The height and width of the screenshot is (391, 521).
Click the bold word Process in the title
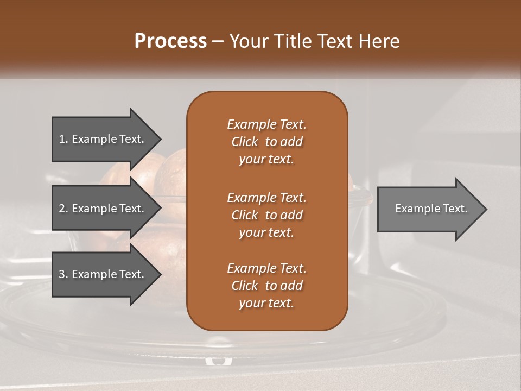170,41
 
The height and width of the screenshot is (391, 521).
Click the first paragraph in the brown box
266,142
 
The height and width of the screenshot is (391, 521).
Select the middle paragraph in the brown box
266,215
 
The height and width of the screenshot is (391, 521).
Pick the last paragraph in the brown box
266,286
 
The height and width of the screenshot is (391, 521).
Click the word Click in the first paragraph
244,142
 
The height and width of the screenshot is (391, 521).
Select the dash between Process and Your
218,41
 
